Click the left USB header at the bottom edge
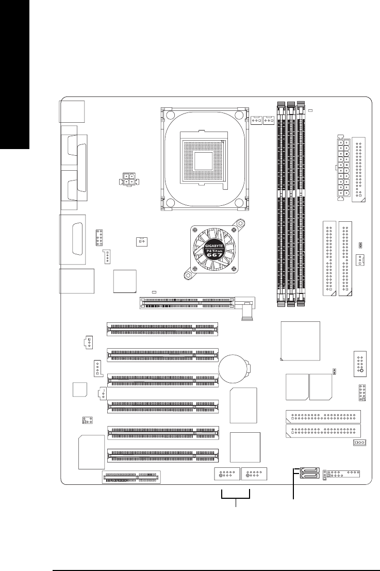[226, 474]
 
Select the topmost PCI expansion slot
[162, 328]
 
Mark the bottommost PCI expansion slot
[162, 454]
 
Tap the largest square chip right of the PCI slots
[300, 341]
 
